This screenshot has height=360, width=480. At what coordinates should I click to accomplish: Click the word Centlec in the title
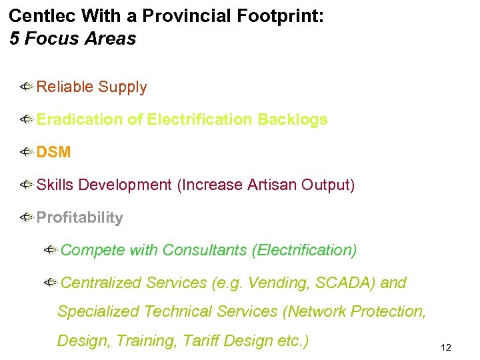(37, 16)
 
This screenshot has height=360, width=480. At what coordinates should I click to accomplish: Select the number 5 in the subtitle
(15, 39)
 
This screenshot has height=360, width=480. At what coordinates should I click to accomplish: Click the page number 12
(446, 347)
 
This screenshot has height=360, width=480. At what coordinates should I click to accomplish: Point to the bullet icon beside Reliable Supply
(27, 87)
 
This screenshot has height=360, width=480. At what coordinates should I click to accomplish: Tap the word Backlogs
(293, 119)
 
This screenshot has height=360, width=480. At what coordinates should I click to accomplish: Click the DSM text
(53, 152)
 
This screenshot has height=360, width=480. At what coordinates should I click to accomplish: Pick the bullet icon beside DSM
(27, 152)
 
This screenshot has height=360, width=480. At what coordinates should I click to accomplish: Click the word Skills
(55, 185)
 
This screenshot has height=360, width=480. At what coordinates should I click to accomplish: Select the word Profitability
(80, 217)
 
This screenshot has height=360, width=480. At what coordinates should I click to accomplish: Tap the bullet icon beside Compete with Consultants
(51, 250)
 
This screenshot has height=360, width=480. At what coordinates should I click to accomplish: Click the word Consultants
(205, 250)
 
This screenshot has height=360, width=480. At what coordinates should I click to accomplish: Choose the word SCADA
(345, 283)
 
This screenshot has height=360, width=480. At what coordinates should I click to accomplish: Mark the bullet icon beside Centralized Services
(51, 283)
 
